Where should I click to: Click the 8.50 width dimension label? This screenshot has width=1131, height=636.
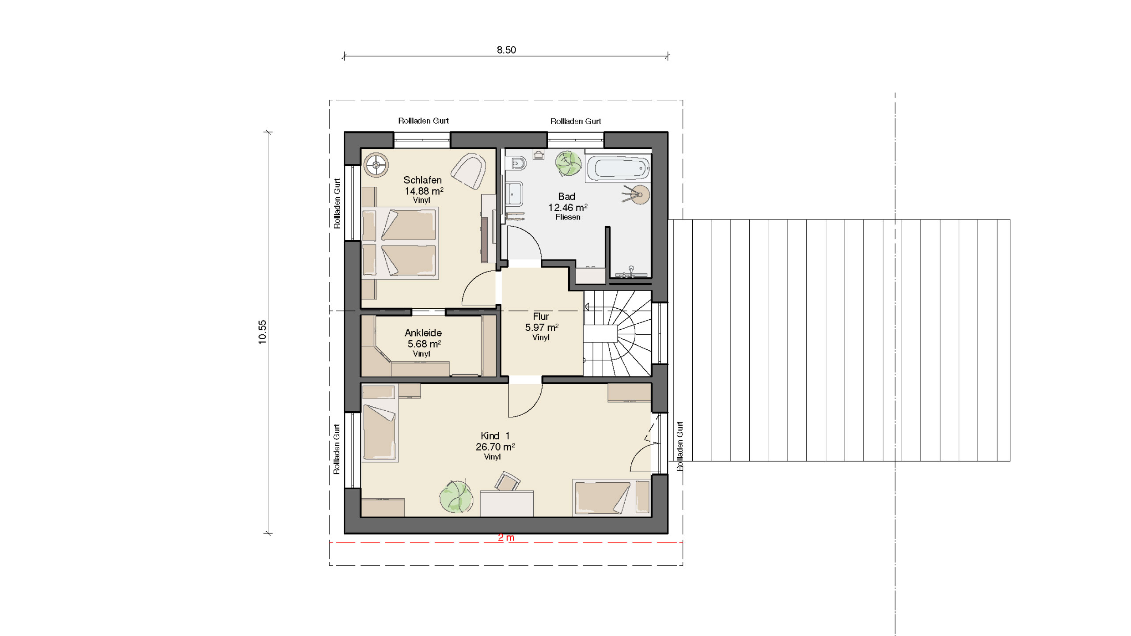coord(506,50)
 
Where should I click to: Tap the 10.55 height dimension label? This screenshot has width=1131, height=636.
coord(262,332)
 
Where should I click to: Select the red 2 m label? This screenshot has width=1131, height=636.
coord(506,538)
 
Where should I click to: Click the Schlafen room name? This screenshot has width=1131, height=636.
coord(422,180)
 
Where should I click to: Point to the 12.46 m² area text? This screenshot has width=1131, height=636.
coord(568,208)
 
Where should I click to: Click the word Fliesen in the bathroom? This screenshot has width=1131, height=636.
coord(568,217)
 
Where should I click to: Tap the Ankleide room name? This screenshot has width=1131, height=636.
coord(423,333)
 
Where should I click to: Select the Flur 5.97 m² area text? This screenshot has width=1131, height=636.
coord(542,327)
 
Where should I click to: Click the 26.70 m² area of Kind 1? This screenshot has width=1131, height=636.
coord(495,447)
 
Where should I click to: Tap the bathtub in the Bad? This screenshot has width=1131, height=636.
coord(618,168)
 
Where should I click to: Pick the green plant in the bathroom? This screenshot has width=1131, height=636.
coord(569,163)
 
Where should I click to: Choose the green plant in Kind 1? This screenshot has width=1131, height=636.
coord(456,497)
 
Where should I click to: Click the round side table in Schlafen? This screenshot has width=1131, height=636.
coord(376,165)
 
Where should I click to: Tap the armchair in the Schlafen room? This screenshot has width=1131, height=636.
coord(469,171)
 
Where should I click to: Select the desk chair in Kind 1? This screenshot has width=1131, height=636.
coord(507,481)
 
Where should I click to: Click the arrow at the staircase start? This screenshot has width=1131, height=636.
coord(587,307)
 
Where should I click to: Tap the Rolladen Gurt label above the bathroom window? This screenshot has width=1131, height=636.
coord(576,121)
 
